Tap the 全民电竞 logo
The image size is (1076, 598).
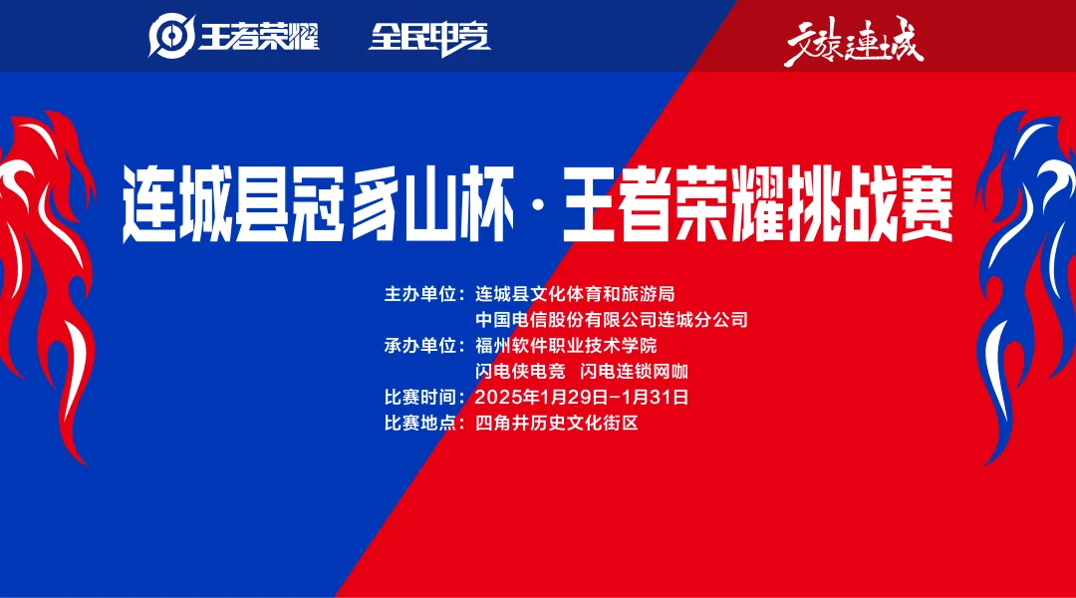pyautogui.click(x=429, y=37)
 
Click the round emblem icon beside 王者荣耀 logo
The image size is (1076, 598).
pyautogui.click(x=170, y=38)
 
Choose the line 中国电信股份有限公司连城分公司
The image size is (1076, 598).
pyautogui.click(x=611, y=320)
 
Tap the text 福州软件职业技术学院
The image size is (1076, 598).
pyautogui.click(x=566, y=346)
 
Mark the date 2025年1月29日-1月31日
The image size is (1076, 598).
pyautogui.click(x=582, y=397)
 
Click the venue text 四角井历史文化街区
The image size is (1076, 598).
pyautogui.click(x=556, y=423)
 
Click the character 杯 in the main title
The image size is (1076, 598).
pyautogui.click(x=487, y=206)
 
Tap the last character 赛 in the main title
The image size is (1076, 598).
pyautogui.click(x=920, y=206)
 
